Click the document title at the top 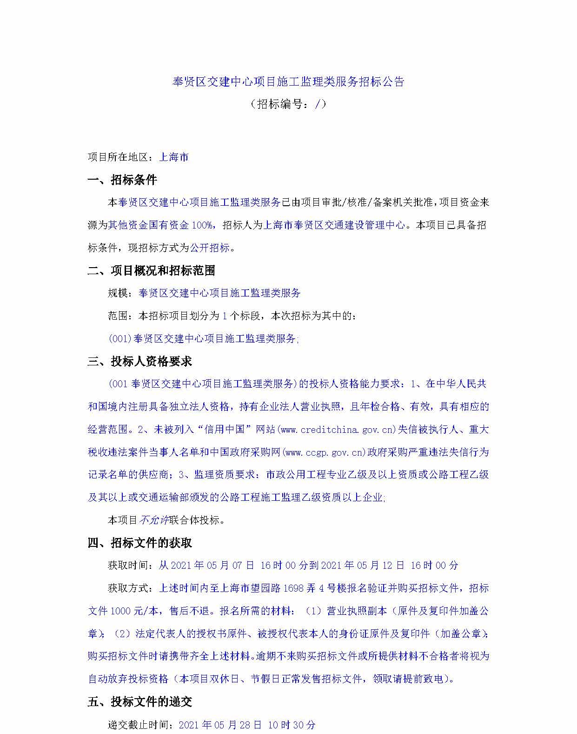click(288, 82)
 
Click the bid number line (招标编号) click(288, 104)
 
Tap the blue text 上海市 click(174, 157)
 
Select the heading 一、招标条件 click(123, 180)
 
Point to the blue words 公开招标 click(210, 248)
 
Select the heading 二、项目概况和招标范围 click(152, 270)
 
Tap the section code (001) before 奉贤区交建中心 click(120, 339)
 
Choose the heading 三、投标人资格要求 click(140, 361)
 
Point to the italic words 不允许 click(154, 520)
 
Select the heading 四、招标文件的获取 click(140, 543)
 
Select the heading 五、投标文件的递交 click(140, 702)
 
